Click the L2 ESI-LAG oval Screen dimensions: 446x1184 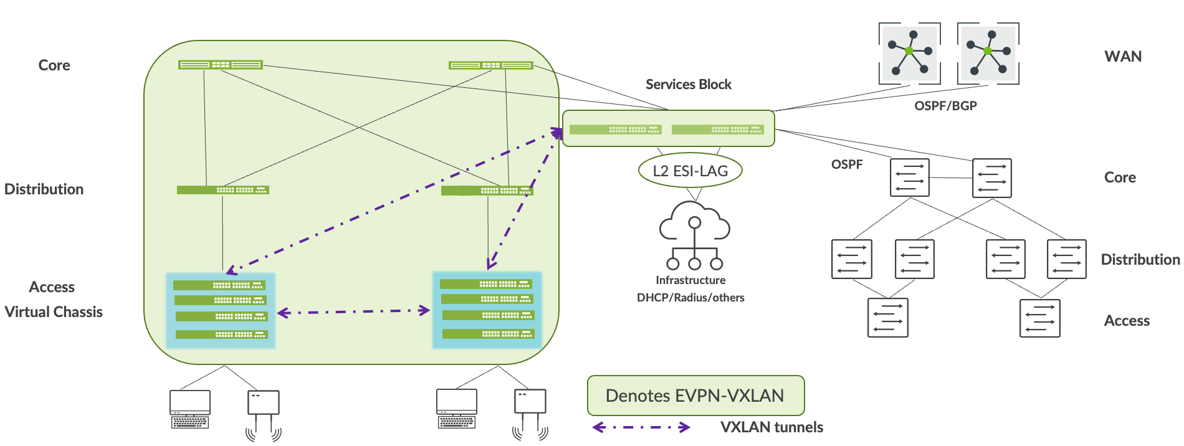(690, 171)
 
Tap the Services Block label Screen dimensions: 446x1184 (688, 84)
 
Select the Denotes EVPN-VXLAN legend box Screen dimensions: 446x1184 (695, 396)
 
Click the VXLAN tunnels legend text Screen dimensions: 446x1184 (771, 427)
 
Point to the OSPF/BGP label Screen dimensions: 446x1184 (945, 106)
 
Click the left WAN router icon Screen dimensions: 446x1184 (909, 53)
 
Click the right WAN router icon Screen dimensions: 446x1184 (988, 53)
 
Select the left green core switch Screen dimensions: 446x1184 (220, 65)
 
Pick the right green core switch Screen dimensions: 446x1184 (491, 65)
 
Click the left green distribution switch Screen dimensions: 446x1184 (222, 190)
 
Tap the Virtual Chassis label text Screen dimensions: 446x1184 (54, 312)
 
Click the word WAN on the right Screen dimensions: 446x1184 (1123, 57)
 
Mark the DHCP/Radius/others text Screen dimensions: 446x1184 (690, 298)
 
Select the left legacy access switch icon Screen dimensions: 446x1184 (887, 318)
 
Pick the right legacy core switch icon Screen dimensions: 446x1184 (991, 178)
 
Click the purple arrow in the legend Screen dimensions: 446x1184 (641, 427)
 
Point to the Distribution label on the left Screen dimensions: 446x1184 (44, 189)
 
